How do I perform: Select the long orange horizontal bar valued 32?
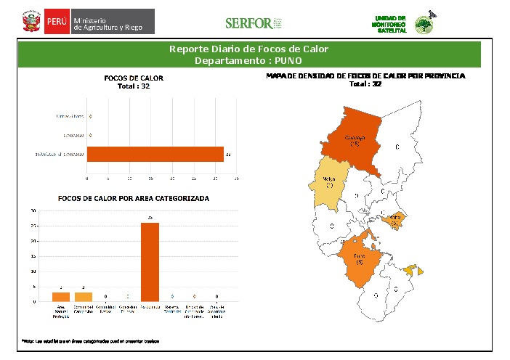155,154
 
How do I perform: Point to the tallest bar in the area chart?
150,261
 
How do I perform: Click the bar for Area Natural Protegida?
61,297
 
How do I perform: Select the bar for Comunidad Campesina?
84,297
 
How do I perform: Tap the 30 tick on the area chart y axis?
33,211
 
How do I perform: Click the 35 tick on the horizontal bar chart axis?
237,177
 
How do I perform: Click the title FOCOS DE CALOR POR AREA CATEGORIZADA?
134,198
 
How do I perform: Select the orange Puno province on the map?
360,259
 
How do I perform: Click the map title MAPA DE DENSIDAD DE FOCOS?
365,75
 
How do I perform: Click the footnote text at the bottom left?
91,340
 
